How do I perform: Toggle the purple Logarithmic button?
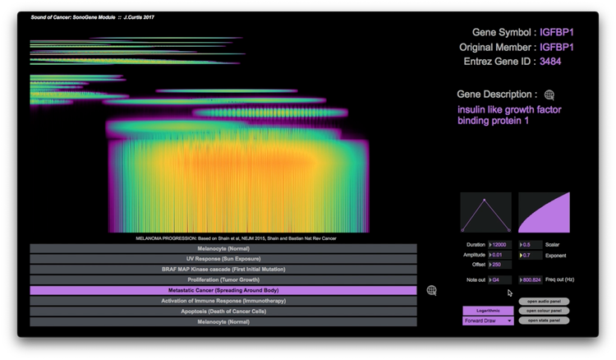point(488,311)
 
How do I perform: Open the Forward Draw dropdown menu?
point(488,321)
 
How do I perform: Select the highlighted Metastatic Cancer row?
point(223,290)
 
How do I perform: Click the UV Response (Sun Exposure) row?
point(223,258)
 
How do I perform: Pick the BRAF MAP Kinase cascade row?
point(223,269)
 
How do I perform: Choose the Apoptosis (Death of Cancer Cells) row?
point(223,312)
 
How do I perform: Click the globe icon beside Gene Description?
point(549,95)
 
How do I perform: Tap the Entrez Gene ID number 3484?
point(551,62)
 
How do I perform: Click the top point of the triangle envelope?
point(485,200)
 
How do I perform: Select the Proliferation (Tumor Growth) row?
point(223,279)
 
